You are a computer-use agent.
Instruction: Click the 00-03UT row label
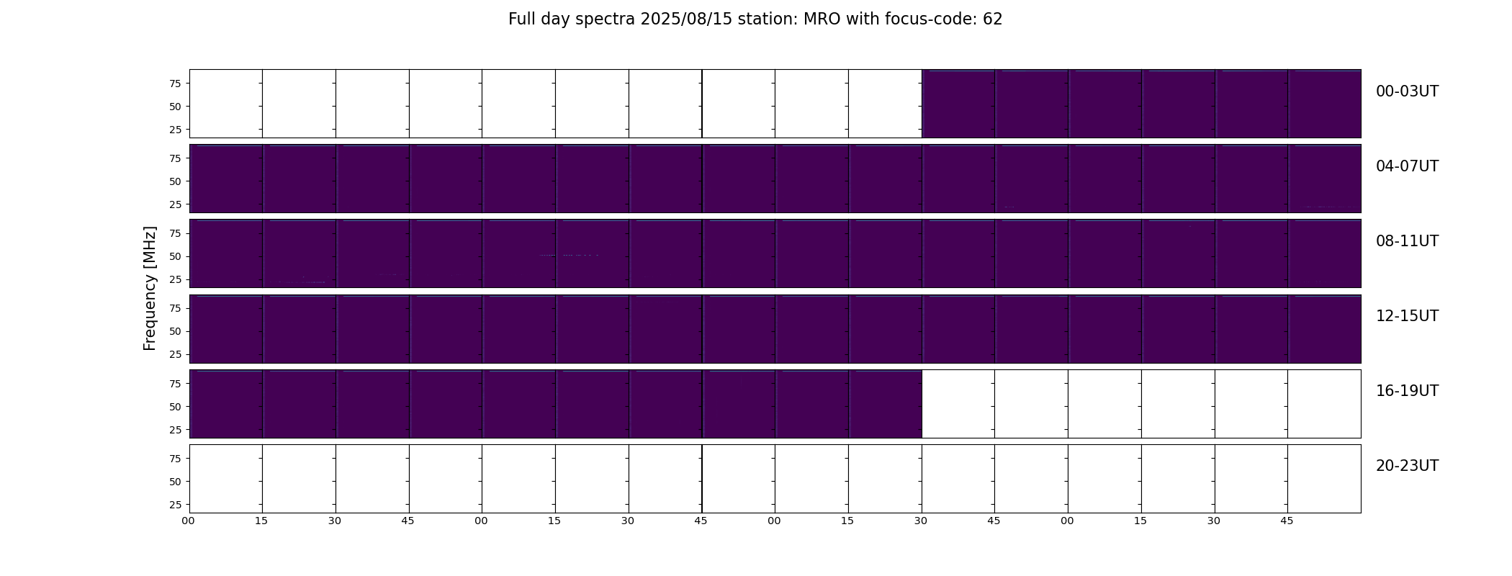click(1407, 91)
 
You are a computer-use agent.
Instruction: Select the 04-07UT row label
click(1407, 166)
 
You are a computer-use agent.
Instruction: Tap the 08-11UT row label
click(1407, 241)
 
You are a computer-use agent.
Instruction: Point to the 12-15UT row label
click(1407, 316)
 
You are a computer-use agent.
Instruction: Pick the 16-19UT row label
click(1407, 391)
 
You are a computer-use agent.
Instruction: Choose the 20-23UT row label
click(1407, 466)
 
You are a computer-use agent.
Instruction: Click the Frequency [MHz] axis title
click(150, 288)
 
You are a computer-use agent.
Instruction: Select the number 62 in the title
click(993, 19)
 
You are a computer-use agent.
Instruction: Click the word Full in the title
click(521, 19)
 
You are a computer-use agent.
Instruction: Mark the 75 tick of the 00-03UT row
click(175, 84)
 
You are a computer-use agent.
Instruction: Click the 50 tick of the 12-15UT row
click(175, 331)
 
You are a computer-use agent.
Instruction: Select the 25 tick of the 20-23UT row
click(175, 505)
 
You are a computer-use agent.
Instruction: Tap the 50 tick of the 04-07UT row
click(175, 181)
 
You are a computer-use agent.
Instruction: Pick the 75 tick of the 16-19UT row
click(175, 384)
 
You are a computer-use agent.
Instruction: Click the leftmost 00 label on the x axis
click(188, 521)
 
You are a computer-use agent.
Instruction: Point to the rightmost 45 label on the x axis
click(1287, 521)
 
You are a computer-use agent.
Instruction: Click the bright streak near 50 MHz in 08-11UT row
click(570, 255)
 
